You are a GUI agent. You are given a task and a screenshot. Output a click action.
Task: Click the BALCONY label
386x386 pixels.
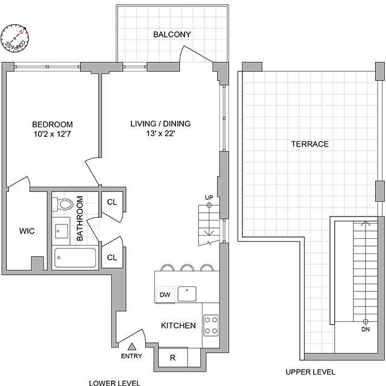click(x=172, y=34)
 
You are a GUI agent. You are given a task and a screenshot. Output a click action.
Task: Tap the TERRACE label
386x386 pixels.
click(x=309, y=144)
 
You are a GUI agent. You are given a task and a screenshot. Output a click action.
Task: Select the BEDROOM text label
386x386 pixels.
click(x=52, y=125)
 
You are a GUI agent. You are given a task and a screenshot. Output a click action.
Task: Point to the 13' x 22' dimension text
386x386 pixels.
click(x=160, y=134)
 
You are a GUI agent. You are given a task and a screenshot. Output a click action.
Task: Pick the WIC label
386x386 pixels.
click(x=26, y=231)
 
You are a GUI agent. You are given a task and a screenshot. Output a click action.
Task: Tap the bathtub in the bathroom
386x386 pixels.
click(x=74, y=258)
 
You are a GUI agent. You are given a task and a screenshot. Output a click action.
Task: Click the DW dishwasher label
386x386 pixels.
click(x=165, y=295)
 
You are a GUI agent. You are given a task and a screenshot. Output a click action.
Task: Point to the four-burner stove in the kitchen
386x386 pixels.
click(x=210, y=326)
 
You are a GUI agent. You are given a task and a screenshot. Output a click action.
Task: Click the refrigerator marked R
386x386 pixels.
click(x=172, y=358)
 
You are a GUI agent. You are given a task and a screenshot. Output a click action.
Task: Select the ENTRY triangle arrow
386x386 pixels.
click(x=132, y=346)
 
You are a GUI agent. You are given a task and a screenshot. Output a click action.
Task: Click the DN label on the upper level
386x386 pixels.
click(x=365, y=330)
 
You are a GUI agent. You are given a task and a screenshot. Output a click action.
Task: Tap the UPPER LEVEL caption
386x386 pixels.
click(x=311, y=372)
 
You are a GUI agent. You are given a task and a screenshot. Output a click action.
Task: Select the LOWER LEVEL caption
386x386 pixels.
click(x=115, y=382)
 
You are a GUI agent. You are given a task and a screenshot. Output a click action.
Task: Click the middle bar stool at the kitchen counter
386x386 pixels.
click(x=188, y=267)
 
